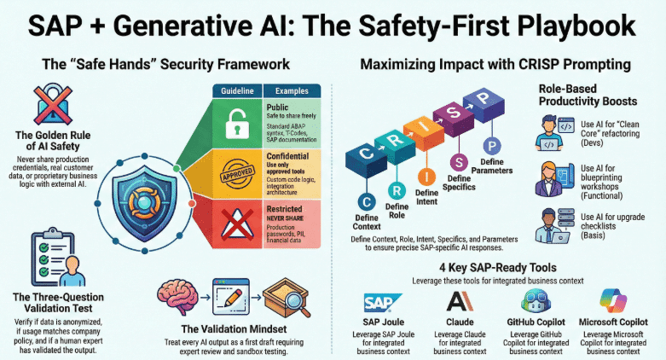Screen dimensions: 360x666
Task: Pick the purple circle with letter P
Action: (x=491, y=146)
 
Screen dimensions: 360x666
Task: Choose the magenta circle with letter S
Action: (x=458, y=162)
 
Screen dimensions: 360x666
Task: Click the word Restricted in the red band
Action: (x=285, y=207)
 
